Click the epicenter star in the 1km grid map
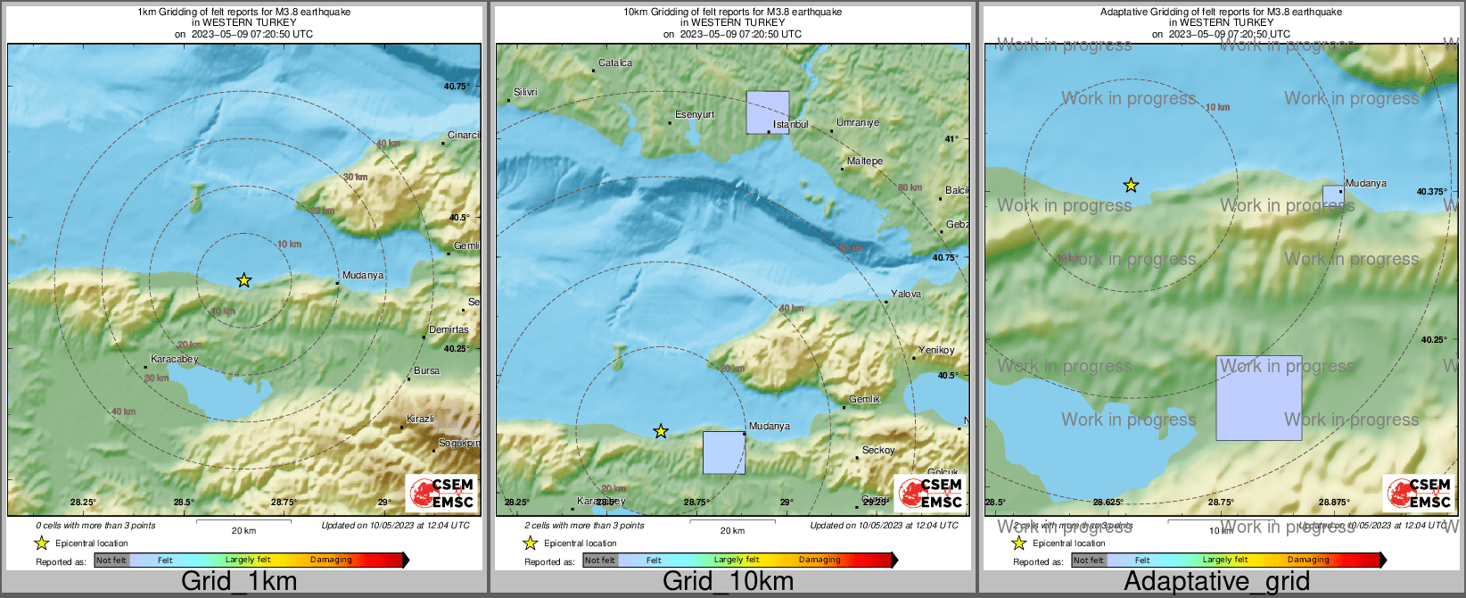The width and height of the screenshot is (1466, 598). pos(243,280)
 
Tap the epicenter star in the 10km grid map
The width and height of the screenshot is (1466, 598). pos(661,432)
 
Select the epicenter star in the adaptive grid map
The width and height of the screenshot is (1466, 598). pos(1131,186)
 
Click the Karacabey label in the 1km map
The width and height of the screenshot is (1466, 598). pos(174,360)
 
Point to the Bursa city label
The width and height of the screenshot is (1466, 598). pos(426,370)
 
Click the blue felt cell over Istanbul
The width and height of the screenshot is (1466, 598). pos(767,112)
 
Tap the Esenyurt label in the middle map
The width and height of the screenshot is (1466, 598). pos(695,115)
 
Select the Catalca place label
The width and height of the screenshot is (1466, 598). pos(615,63)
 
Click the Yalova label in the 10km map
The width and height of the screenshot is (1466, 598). pos(906,295)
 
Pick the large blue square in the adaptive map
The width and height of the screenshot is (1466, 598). pos(1258,398)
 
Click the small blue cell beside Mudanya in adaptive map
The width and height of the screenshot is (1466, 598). pos(1331,195)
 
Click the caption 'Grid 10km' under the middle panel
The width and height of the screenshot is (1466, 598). pos(728,582)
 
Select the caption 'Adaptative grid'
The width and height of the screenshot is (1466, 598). pos(1216,582)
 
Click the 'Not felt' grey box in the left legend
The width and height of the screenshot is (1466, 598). pos(111,561)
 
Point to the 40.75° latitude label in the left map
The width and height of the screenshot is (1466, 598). pos(456,87)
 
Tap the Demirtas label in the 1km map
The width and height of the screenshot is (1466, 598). pos(449,329)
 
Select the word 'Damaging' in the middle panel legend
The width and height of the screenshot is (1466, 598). pos(819,561)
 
